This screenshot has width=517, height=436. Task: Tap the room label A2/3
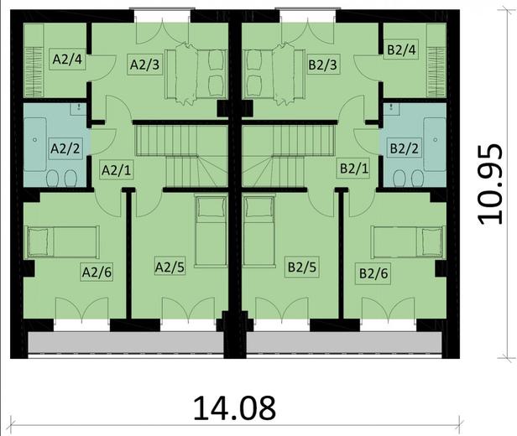click(143, 63)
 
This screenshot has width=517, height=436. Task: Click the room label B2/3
click(322, 63)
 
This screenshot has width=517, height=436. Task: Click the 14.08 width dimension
click(233, 408)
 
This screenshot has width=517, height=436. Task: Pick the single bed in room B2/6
click(406, 242)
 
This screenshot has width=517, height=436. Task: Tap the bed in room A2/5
click(209, 230)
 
